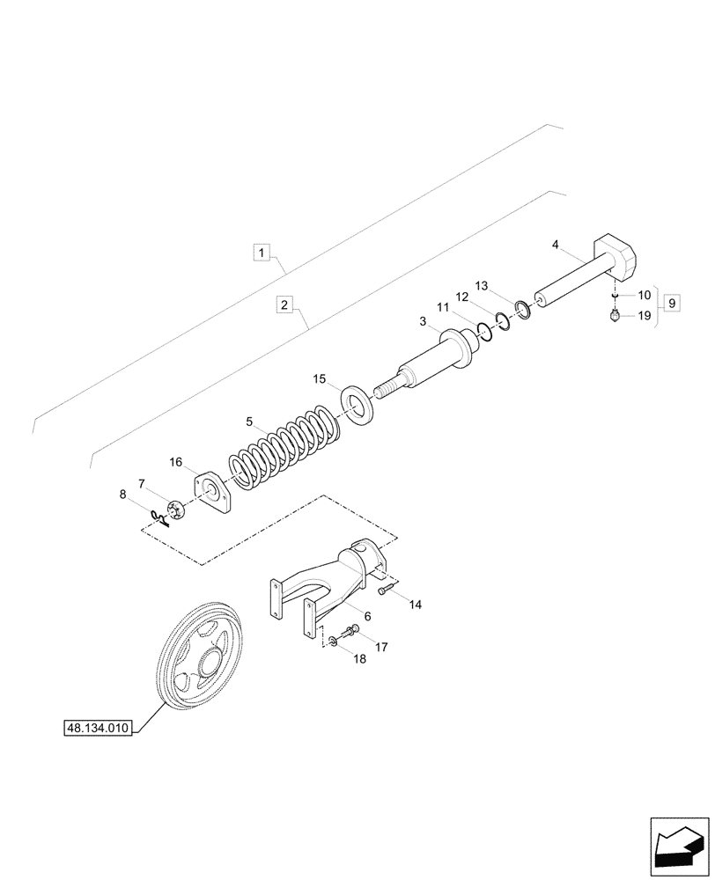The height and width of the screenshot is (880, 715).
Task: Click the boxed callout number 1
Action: pyautogui.click(x=262, y=253)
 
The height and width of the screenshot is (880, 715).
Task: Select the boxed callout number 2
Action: pyautogui.click(x=284, y=305)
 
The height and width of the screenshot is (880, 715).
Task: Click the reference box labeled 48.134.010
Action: pyautogui.click(x=98, y=728)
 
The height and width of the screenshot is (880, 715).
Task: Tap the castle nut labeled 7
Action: pyautogui.click(x=173, y=509)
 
